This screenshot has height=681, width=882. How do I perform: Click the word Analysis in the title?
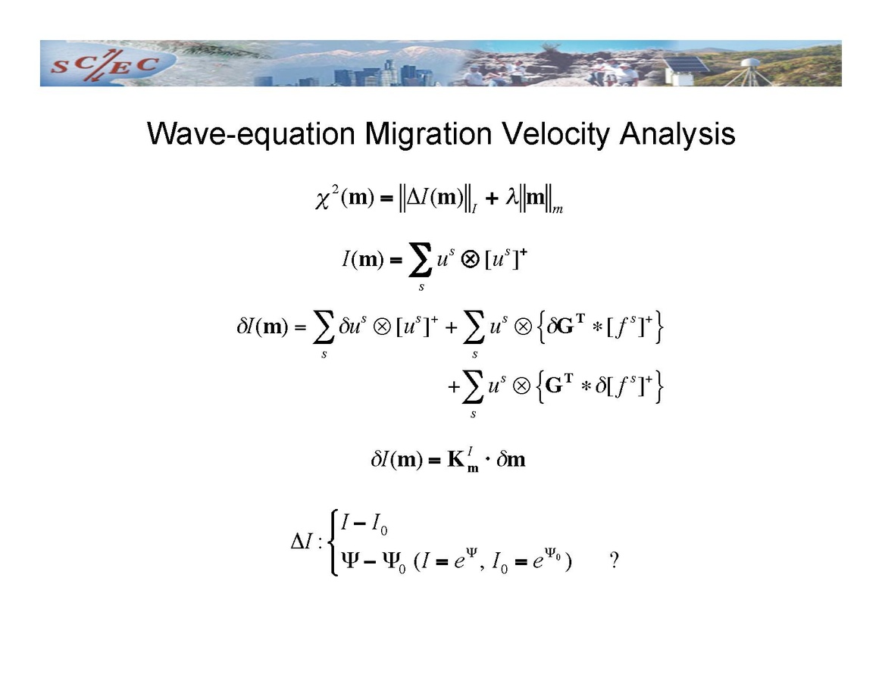(x=677, y=135)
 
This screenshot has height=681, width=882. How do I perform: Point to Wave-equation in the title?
(x=251, y=134)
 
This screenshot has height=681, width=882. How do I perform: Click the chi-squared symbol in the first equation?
(x=327, y=198)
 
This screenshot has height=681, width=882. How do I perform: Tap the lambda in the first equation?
(x=511, y=198)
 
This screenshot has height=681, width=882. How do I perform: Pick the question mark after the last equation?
(x=615, y=560)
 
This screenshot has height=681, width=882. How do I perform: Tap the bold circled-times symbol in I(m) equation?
(x=471, y=259)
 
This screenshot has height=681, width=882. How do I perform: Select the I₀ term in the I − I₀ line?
(x=379, y=525)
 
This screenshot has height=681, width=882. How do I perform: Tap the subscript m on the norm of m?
(x=558, y=210)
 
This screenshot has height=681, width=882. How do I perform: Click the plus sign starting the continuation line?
(x=453, y=387)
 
